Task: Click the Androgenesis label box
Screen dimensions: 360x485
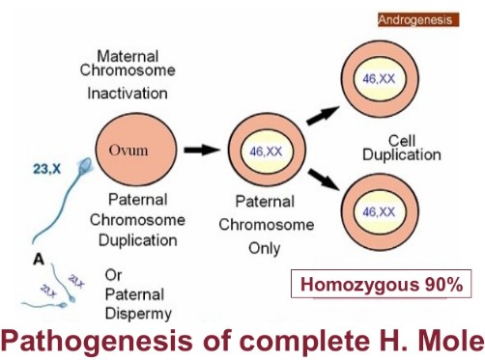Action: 414,18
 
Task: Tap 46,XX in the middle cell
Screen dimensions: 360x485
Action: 264,152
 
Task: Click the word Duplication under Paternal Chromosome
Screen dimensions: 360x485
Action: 135,236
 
